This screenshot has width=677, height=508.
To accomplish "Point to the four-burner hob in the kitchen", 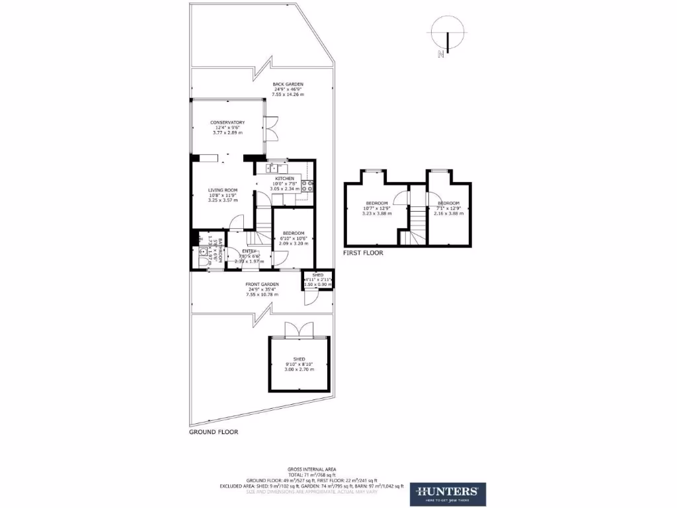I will pos(307,187).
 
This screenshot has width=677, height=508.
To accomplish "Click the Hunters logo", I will pos(447,492).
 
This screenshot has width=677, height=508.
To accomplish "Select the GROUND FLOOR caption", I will pos(213,432).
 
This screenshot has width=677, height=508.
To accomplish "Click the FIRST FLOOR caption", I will pos(362,253).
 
